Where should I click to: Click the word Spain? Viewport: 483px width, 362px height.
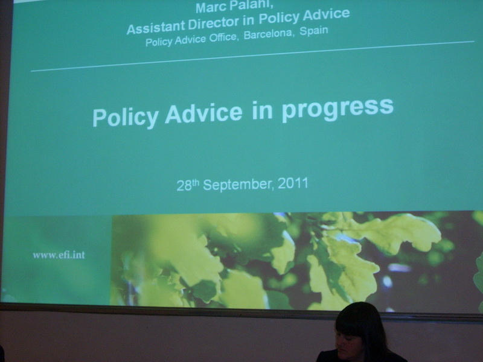(x=314, y=31)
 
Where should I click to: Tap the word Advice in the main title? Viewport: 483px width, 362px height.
(x=203, y=113)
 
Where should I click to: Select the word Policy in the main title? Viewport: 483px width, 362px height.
(x=126, y=117)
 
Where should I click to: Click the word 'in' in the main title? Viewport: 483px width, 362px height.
(x=262, y=111)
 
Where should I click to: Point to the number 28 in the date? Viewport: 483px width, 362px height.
(x=184, y=186)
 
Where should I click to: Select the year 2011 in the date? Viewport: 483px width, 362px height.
(x=293, y=183)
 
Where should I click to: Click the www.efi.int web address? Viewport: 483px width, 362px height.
(x=59, y=255)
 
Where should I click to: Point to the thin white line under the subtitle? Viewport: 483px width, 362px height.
(x=252, y=56)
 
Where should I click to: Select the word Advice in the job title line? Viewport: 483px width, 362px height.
(x=326, y=15)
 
